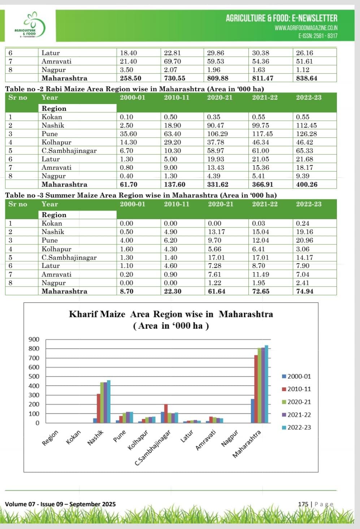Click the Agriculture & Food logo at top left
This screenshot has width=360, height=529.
(31, 25)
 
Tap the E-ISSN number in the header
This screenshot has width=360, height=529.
(318, 36)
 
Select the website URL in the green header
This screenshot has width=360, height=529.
(306, 28)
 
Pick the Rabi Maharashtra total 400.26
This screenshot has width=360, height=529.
(307, 185)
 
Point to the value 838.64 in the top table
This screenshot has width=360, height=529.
(307, 78)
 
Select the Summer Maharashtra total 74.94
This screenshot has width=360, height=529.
(304, 291)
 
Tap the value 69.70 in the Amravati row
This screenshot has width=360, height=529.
(172, 61)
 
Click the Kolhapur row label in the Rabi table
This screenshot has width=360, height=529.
(56, 142)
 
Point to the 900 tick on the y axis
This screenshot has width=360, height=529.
(34, 339)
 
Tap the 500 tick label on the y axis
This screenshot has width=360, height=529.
(34, 376)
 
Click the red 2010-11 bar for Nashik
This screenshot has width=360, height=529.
(98, 408)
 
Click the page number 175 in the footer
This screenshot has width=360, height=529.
(303, 504)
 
